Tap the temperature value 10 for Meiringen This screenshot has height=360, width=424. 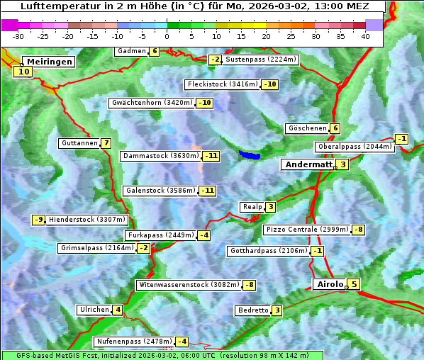tap(23, 71)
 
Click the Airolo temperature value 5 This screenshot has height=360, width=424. tap(354, 285)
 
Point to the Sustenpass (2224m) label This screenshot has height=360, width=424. tap(261, 60)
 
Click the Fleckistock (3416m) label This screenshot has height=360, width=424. tap(221, 84)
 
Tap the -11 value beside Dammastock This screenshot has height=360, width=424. tap(211, 156)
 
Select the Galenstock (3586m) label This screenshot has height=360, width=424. tap(159, 191)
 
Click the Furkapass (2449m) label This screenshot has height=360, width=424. tap(160, 235)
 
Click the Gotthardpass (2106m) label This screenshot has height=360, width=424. tap(267, 251)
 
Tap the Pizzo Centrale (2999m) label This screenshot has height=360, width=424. tap(307, 230)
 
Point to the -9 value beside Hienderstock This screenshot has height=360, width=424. tap(39, 220)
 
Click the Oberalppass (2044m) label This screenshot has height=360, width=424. tap(354, 147)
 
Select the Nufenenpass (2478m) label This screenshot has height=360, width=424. tap(133, 341)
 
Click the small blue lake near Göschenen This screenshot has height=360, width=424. tap(250, 154)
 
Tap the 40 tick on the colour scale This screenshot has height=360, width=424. tap(365, 36)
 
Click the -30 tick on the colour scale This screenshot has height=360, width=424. tap(18, 36)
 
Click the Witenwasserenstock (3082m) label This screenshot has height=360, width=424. tap(189, 285)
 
